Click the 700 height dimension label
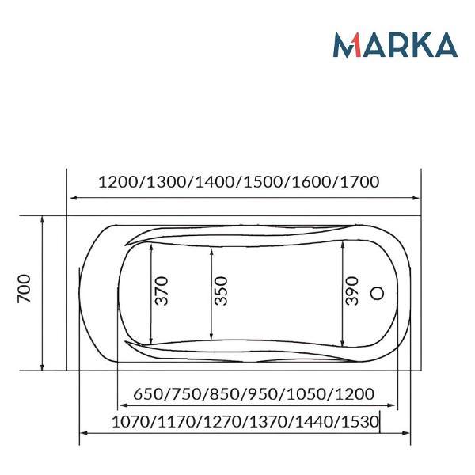point(25,288)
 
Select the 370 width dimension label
point(161,291)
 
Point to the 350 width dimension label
point(221,291)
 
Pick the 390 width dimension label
point(352,291)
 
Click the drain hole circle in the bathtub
point(378,293)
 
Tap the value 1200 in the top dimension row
point(118,182)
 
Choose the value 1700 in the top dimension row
point(360,182)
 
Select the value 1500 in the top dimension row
point(264,182)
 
